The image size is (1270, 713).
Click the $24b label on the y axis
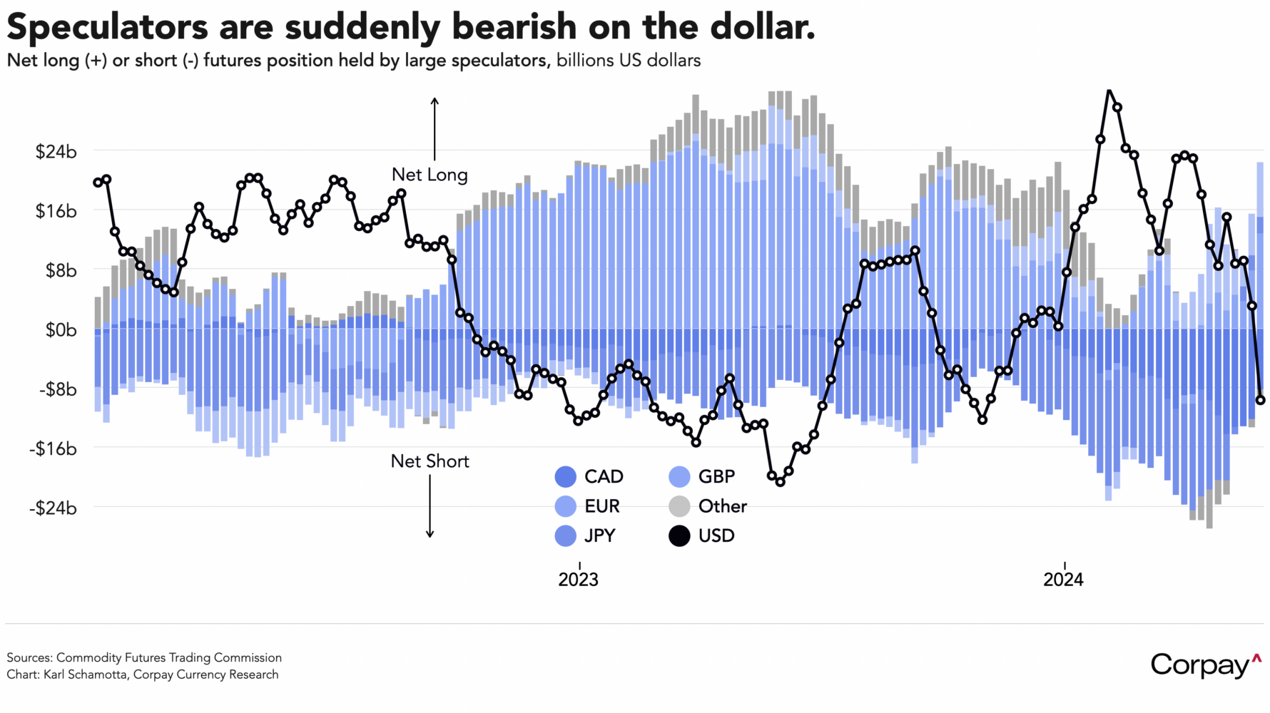pyautogui.click(x=56, y=152)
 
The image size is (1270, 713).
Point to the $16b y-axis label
pyautogui.click(x=56, y=212)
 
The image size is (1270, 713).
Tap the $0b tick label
pyautogui.click(x=61, y=330)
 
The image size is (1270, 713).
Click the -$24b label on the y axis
pyautogui.click(x=53, y=508)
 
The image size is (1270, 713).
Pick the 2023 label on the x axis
pyautogui.click(x=578, y=579)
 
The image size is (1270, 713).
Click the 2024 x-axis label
pyautogui.click(x=1063, y=579)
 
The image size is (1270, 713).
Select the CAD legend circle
pyautogui.click(x=565, y=477)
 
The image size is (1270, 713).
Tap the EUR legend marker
pyautogui.click(x=565, y=507)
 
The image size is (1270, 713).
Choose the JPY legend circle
pyautogui.click(x=565, y=536)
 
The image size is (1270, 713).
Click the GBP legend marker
pyautogui.click(x=679, y=477)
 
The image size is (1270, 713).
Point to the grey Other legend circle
pyautogui.click(x=679, y=507)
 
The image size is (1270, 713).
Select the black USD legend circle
pyautogui.click(x=679, y=536)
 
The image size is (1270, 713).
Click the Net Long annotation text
pyautogui.click(x=430, y=175)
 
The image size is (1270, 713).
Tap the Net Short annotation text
pyautogui.click(x=430, y=461)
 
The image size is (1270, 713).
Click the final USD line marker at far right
pyautogui.click(x=1261, y=400)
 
